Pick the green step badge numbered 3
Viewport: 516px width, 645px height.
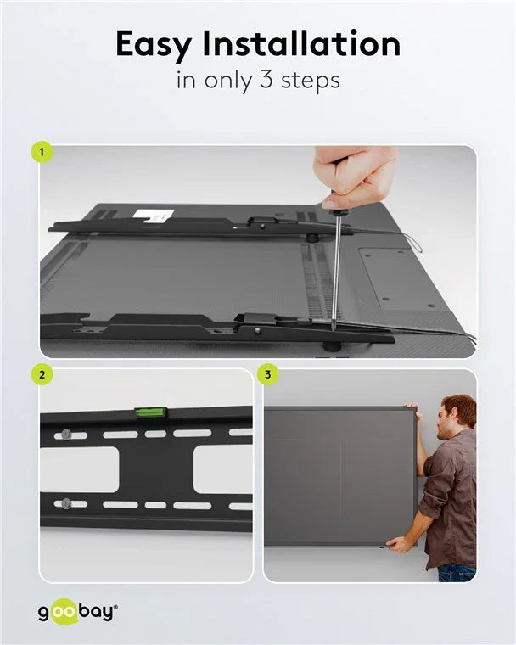click(269, 374)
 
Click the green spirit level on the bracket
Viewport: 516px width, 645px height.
click(150, 413)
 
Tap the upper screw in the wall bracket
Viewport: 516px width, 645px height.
click(66, 435)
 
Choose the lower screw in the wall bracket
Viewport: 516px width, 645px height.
click(66, 502)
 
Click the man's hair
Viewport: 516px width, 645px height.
click(458, 406)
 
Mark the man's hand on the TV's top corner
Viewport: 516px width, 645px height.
click(413, 407)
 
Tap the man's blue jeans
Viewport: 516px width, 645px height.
click(456, 572)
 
